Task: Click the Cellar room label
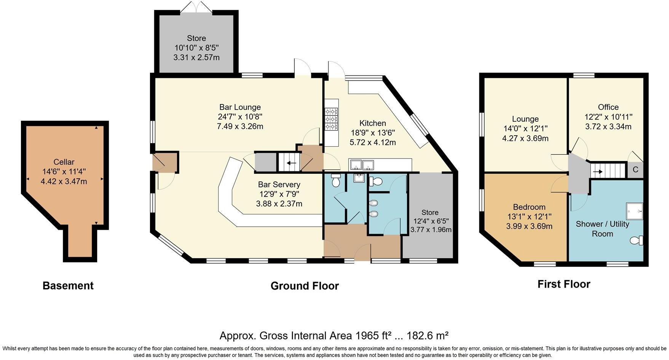tap(64, 162)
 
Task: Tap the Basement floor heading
tap(68, 286)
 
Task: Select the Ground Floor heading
tap(304, 286)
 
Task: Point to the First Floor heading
tap(564, 284)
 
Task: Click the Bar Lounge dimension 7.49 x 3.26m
tap(240, 126)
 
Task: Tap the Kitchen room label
tap(372, 123)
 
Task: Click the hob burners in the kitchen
tap(331, 119)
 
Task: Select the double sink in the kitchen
tap(362, 165)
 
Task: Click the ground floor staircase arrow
tap(291, 163)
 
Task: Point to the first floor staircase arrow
tap(598, 171)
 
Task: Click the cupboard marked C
tap(635, 170)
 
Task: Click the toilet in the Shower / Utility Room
tap(636, 240)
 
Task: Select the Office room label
tap(608, 107)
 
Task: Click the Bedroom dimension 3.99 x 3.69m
tap(529, 226)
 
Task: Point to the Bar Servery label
tap(279, 184)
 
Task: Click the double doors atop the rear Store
tap(196, 7)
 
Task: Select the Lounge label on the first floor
tap(525, 119)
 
